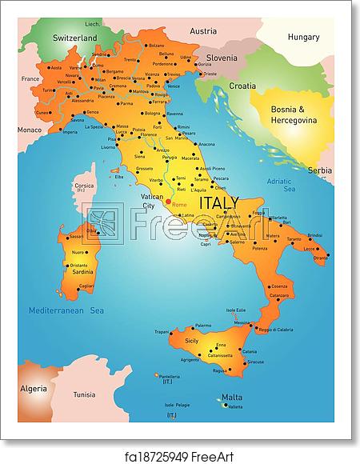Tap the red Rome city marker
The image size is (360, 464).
(x=167, y=202)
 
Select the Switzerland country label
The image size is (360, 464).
(x=75, y=38)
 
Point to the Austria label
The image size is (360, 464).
(x=204, y=31)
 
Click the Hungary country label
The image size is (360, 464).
(x=303, y=37)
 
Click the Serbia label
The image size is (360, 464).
(x=320, y=170)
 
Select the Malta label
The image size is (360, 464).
(x=231, y=397)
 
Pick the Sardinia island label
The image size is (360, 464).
(x=81, y=271)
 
